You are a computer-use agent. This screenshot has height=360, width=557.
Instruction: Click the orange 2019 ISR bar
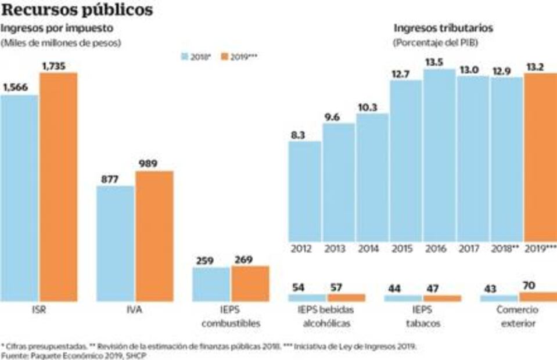click(58, 186)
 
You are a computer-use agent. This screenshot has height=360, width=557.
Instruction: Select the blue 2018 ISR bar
click(19, 197)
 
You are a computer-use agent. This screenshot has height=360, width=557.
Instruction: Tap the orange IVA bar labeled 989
click(154, 236)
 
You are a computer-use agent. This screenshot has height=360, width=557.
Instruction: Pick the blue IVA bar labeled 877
click(116, 243)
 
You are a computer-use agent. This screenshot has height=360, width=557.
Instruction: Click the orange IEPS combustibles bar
click(250, 283)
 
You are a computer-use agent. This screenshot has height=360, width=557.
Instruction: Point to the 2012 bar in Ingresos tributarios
click(304, 192)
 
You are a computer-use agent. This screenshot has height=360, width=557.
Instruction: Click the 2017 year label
click(469, 249)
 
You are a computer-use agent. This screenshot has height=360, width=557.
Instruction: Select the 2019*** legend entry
click(239, 57)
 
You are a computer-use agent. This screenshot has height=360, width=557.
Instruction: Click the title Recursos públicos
click(78, 10)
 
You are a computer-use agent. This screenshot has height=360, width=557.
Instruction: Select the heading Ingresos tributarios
click(443, 28)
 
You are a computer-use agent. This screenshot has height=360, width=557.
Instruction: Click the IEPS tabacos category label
click(422, 316)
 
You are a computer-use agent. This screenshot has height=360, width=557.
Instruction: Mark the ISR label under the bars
click(39, 309)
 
